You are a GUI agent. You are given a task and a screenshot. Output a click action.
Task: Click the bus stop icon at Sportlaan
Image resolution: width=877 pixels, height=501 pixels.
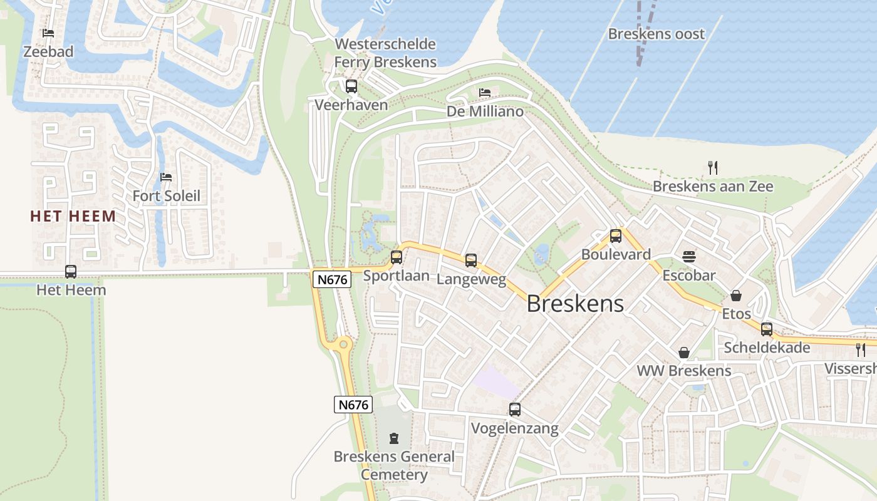coord(397,257)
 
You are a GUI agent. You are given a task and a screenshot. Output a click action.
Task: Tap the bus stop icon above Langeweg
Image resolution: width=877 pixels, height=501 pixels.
coord(471,260)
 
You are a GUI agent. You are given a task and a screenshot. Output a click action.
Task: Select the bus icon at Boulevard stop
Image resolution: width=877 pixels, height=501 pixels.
coord(616,236)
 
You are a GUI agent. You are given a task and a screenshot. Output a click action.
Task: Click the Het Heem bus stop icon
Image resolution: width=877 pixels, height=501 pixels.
coord(71,272)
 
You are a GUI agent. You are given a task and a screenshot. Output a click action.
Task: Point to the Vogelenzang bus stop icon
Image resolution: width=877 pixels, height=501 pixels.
coord(515,410)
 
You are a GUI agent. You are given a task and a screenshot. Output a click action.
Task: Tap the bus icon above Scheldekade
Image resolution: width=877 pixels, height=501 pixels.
coord(767,329)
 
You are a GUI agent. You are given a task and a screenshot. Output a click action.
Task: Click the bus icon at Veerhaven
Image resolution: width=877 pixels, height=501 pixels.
coord(351,86)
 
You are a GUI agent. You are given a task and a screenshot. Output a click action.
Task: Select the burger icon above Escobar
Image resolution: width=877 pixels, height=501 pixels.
coord(689,256)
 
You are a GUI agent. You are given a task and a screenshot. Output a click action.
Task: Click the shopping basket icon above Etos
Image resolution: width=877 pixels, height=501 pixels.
coord(736,295)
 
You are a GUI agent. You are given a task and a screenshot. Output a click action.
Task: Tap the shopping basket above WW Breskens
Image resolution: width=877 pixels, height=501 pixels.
coord(684,353)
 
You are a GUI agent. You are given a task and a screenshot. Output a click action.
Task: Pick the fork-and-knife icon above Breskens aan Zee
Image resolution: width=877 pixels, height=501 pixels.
coord(712,167)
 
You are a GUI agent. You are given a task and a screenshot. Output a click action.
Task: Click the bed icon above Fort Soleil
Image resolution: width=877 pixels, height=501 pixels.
coord(166,177)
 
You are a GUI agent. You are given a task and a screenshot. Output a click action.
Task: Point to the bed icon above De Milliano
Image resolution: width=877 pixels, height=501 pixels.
coord(485,93)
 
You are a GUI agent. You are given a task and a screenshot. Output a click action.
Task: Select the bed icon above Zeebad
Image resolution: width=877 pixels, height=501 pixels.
coord(48,33)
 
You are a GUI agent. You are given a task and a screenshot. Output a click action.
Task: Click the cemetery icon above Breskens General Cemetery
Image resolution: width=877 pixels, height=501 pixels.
coord(394,438)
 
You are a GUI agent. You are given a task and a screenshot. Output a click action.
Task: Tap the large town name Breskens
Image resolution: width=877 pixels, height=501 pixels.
coord(575,304)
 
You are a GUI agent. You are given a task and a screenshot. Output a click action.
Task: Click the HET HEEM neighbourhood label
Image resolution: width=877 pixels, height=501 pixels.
coord(73,217)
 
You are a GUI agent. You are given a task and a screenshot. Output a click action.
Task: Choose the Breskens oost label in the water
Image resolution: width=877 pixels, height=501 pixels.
coord(656,34)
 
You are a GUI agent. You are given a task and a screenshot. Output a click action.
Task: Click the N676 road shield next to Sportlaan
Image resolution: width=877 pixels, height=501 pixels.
coord(332,279)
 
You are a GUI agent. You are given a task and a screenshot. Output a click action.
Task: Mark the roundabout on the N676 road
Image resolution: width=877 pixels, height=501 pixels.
coord(343,344)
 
